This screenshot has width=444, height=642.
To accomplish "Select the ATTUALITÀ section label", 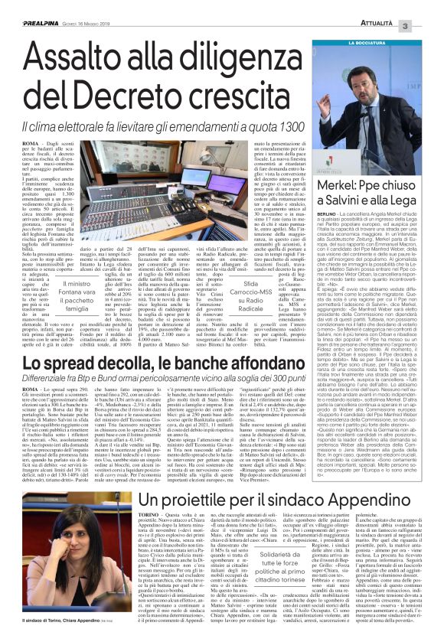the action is coord(393,7).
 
